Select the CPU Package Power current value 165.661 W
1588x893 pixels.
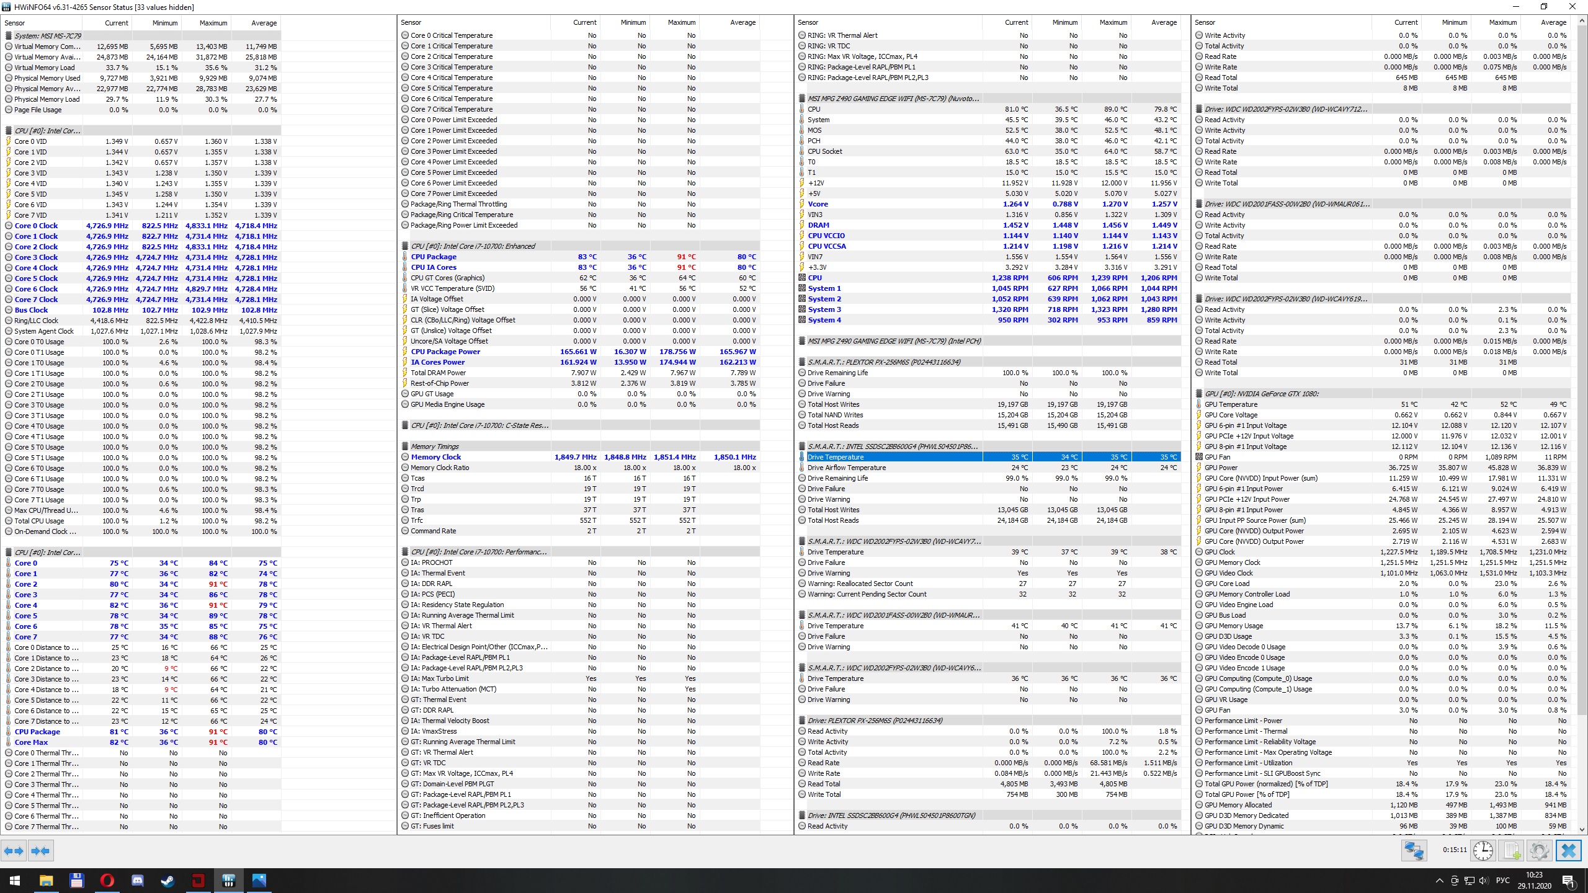tap(578, 352)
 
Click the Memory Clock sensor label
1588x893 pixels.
tap(435, 457)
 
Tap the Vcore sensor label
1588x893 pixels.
tap(818, 204)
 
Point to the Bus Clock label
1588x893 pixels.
tap(31, 310)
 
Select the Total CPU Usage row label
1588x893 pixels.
tap(39, 521)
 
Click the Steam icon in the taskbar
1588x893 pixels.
tap(167, 880)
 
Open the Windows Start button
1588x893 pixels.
tap(15, 880)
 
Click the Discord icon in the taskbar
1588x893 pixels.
tap(137, 880)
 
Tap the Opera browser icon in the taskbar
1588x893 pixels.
tap(107, 880)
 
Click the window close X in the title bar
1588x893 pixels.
tap(1572, 7)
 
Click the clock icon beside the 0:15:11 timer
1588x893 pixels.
tap(1483, 850)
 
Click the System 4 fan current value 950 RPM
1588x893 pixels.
tap(1012, 320)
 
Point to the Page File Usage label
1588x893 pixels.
tap(38, 110)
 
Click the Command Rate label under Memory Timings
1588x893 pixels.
tap(433, 531)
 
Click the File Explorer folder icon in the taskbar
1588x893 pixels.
tap(46, 880)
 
